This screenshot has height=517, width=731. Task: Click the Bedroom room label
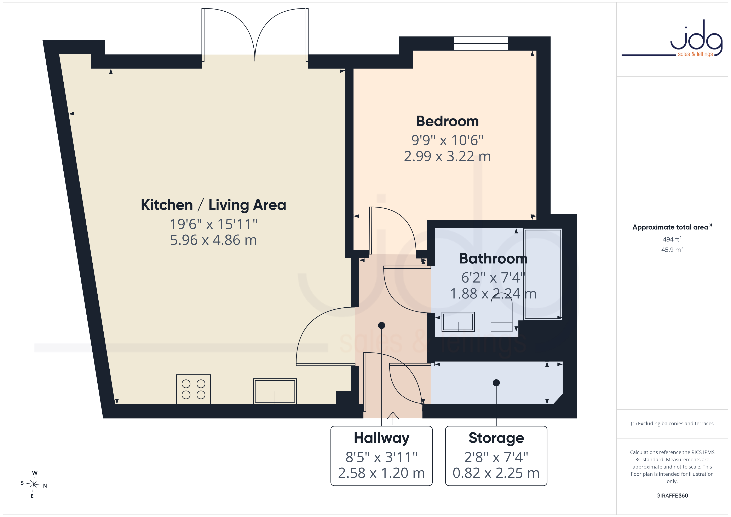point(447,121)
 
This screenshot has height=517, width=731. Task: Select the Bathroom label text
point(493,258)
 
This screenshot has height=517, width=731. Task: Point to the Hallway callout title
point(381,438)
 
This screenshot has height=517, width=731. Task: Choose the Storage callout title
point(496,438)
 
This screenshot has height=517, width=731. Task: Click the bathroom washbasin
point(458,322)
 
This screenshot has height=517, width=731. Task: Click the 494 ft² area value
point(672,239)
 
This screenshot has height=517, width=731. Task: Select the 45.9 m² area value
point(672,250)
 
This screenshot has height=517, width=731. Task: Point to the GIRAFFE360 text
point(672,496)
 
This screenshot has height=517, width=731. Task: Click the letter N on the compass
point(45,486)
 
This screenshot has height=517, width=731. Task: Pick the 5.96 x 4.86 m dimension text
point(213,240)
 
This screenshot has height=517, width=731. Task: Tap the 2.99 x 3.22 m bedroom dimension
point(447,156)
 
